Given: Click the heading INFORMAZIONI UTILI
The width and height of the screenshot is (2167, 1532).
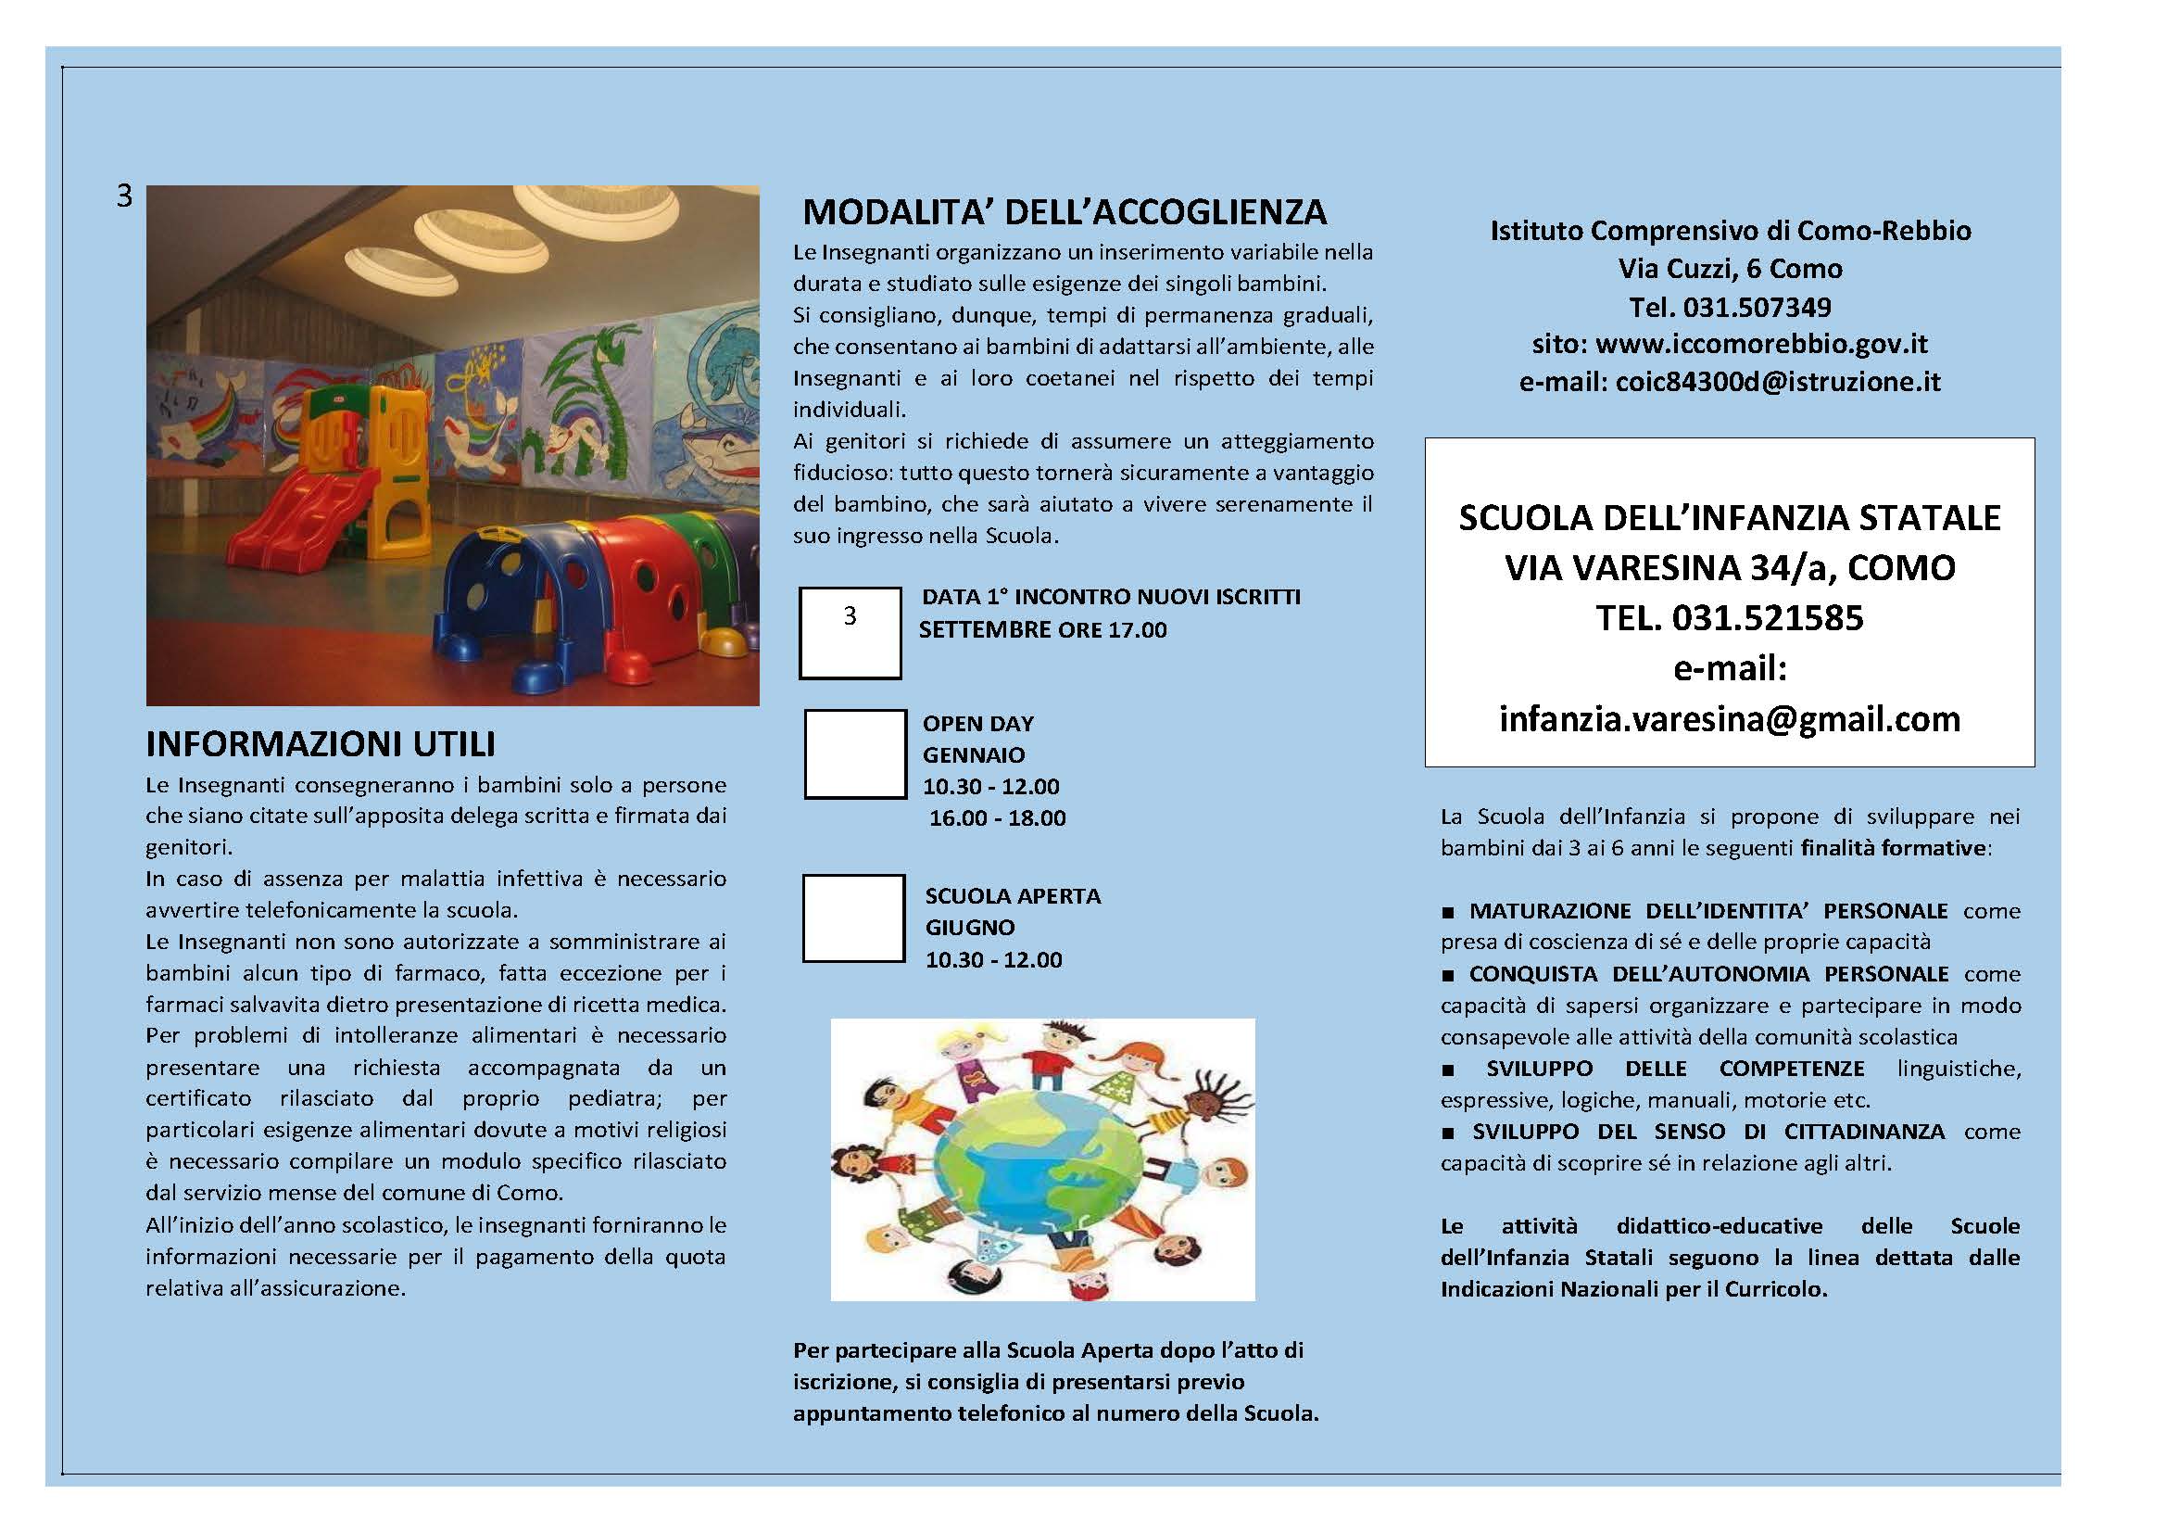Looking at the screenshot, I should click(x=320, y=745).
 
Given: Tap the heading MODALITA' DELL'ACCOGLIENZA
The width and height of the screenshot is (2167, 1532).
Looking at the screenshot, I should click(x=1064, y=212).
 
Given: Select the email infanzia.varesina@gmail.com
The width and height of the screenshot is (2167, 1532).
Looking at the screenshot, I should click(x=1729, y=720).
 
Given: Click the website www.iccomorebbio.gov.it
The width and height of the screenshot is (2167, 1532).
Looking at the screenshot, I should click(x=1761, y=345).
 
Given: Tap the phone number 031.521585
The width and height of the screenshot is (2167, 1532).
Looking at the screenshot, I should click(x=1767, y=618).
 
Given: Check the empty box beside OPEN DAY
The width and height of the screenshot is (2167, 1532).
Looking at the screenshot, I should click(x=854, y=754).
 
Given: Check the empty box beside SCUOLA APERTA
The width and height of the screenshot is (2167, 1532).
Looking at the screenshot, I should click(x=853, y=918).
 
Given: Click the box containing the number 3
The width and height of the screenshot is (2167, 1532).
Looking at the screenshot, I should click(x=850, y=632).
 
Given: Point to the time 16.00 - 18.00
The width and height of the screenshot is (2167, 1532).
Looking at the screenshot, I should click(x=997, y=818).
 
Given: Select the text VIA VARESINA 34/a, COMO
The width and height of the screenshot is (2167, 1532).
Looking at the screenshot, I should click(x=1729, y=568).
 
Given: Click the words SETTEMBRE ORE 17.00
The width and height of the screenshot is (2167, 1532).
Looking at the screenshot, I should click(x=1043, y=630).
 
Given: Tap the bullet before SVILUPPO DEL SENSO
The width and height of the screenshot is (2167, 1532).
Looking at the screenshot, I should click(x=1449, y=1133).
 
